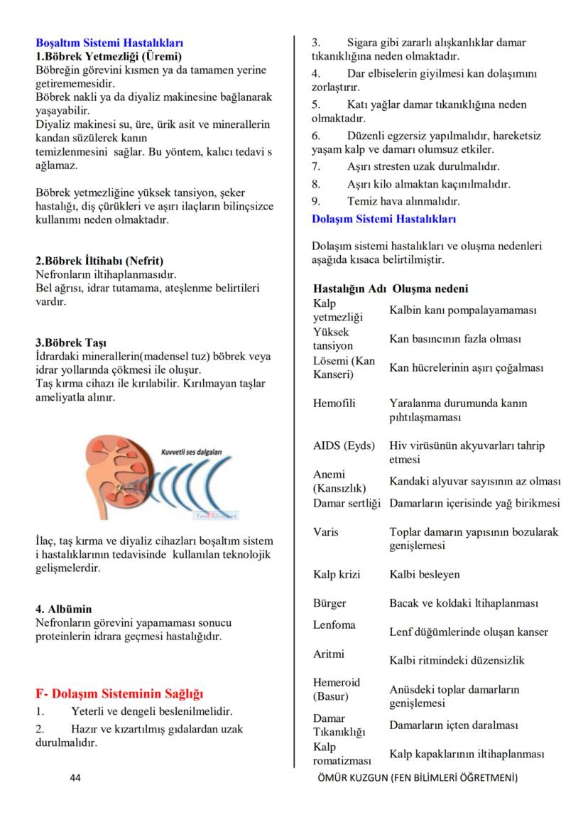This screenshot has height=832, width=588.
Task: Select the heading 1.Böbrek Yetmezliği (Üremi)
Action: [x=109, y=55]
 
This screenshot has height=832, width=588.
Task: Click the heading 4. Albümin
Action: [x=64, y=609]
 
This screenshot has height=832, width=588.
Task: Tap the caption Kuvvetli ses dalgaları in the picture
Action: [x=192, y=452]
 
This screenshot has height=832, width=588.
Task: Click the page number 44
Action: [x=75, y=778]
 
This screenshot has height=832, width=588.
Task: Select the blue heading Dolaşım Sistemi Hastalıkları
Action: [x=384, y=219]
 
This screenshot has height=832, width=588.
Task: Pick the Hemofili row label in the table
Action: [x=334, y=403]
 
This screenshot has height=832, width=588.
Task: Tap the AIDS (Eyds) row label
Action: [x=344, y=446]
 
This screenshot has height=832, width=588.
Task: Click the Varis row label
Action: [x=326, y=531]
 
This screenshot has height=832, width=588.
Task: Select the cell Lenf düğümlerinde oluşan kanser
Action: [x=469, y=632]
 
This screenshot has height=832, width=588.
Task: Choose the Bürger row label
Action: [x=330, y=603]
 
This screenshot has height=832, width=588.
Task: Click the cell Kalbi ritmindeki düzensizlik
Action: [x=457, y=660]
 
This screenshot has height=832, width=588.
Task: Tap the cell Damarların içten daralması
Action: [x=453, y=725]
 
